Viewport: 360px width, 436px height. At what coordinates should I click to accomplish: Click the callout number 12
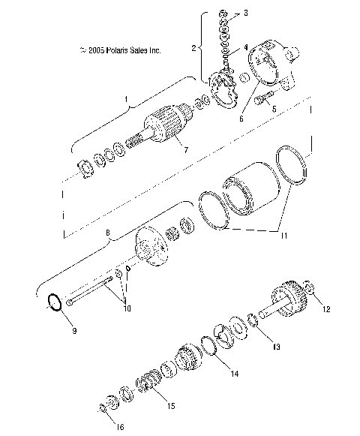pos(326,308)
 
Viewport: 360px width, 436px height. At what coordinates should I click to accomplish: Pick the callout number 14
pos(235,373)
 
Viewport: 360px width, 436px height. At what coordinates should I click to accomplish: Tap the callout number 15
pos(171,406)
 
